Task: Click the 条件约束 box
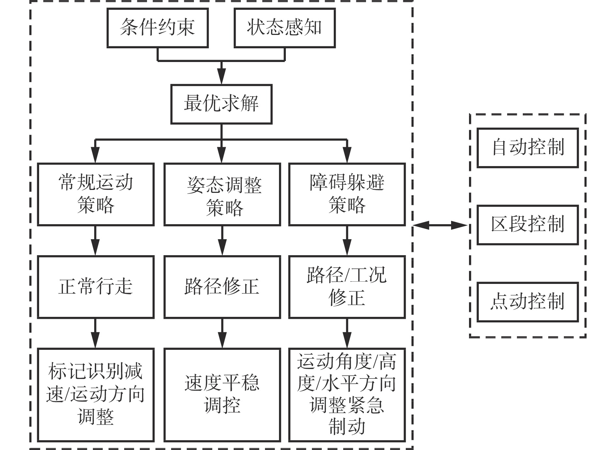point(157,28)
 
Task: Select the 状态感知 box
point(285,28)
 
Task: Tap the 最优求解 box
point(221,104)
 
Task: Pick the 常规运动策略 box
point(95,194)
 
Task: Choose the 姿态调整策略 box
point(222,194)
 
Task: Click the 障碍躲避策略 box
point(347,194)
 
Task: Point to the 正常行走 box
point(95,287)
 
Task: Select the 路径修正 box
point(222,287)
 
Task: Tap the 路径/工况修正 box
point(347,287)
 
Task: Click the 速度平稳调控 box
point(222,395)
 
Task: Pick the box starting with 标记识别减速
point(95,395)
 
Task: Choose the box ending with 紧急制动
point(347,395)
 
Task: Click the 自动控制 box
point(527,148)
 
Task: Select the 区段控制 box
point(527,225)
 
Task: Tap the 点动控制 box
point(527,302)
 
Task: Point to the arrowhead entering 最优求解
point(222,78)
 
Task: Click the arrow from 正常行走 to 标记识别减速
point(95,334)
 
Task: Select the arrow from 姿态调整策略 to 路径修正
point(222,241)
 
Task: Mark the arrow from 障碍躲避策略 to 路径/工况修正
point(347,241)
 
